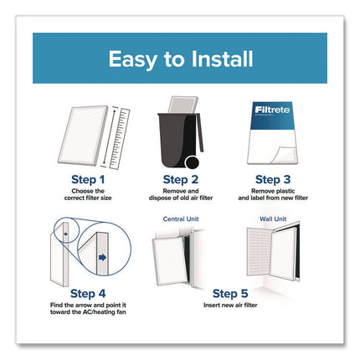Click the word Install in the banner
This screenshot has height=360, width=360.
[x=222, y=59]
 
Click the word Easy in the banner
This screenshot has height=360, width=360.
[x=132, y=60]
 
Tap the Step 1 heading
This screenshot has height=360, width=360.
[x=88, y=180]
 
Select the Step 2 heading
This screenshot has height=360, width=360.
[x=181, y=180]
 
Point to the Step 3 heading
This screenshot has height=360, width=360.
[x=273, y=180]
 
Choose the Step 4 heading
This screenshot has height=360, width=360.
[x=88, y=294]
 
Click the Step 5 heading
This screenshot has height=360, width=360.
[x=230, y=294]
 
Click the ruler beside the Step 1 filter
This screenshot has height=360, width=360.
[x=120, y=139]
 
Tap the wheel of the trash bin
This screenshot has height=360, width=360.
[x=192, y=162]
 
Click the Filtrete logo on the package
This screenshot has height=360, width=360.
[x=272, y=110]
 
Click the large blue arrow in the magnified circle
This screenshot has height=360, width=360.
[x=103, y=257]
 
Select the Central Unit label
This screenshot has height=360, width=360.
[x=181, y=219]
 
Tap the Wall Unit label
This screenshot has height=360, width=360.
[x=273, y=219]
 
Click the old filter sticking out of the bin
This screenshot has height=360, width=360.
[x=183, y=105]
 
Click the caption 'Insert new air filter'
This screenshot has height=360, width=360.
[x=230, y=305]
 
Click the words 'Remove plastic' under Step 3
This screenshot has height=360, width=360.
[x=273, y=191]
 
